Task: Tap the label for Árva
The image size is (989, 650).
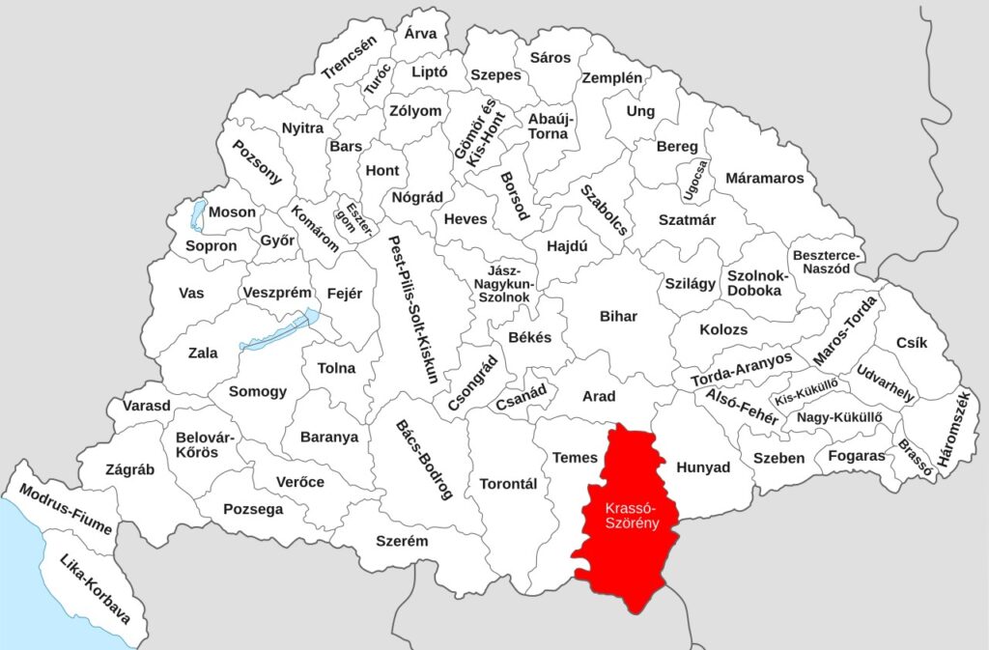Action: pos(420,34)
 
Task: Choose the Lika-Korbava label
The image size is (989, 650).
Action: pos(95,588)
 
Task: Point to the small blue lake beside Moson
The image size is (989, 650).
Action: pos(197,215)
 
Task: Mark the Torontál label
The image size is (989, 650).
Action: pos(507,484)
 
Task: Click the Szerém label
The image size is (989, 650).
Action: pos(402,541)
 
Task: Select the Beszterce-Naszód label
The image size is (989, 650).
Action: pos(827,262)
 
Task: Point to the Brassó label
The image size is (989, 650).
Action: pos(914,458)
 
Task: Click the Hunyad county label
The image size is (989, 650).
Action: pos(703,467)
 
